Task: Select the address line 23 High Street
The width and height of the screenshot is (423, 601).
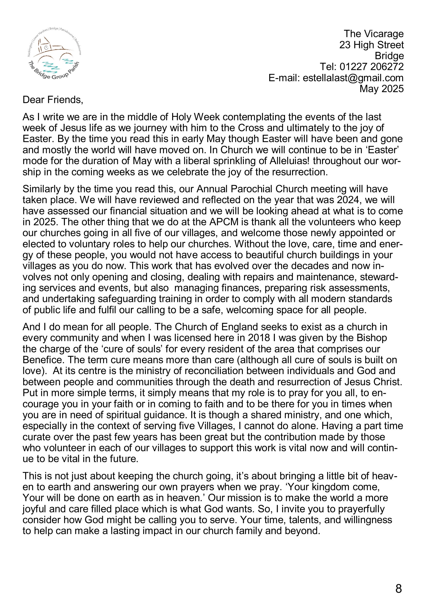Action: pyautogui.click(x=371, y=45)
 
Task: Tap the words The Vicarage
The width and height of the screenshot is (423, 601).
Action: pyautogui.click(x=374, y=34)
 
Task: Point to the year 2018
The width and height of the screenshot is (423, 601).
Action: pyautogui.click(x=259, y=338)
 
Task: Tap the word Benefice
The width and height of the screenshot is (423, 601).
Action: pyautogui.click(x=43, y=360)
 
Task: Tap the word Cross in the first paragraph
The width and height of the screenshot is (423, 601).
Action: pyautogui.click(x=251, y=128)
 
